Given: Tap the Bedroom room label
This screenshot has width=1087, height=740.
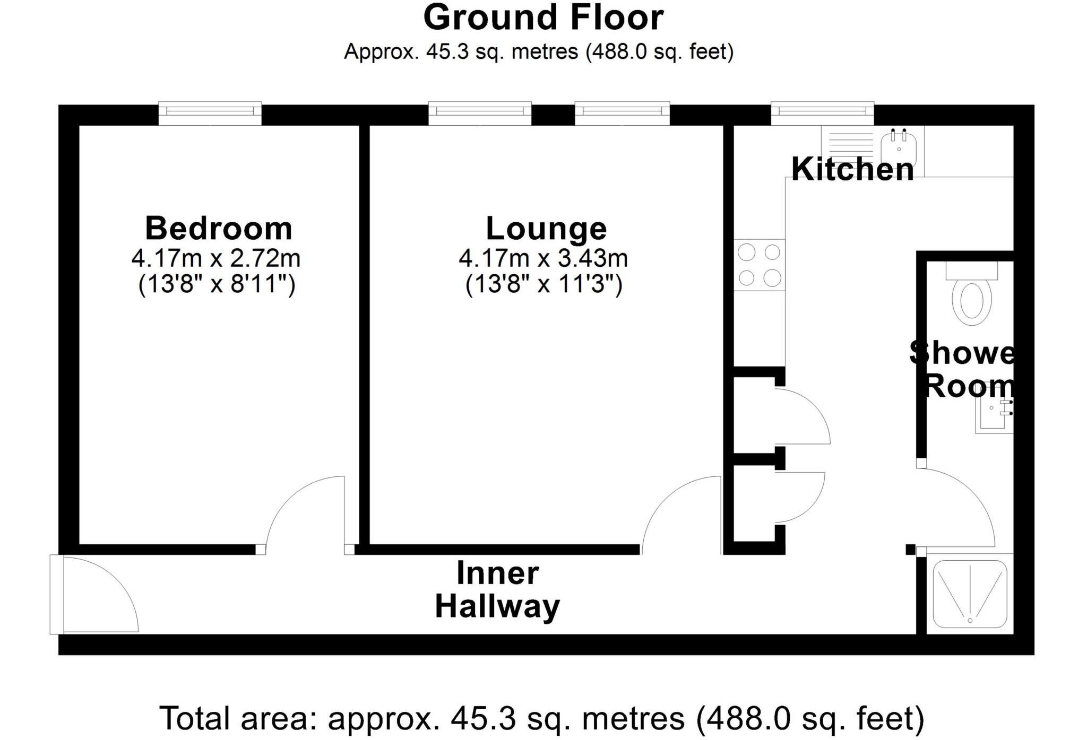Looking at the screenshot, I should click(219, 229).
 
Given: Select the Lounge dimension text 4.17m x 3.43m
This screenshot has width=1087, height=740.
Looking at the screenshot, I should click(543, 259).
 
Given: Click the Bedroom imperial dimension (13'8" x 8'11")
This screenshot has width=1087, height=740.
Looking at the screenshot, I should click(217, 285).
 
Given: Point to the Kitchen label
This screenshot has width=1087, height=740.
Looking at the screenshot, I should click(852, 170).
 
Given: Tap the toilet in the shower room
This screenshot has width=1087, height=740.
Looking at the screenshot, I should click(972, 300).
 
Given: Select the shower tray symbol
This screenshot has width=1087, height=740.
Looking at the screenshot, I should click(970, 594).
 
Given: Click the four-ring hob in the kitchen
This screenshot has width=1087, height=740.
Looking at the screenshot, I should click(760, 265).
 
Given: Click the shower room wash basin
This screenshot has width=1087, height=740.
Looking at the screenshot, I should click(993, 413).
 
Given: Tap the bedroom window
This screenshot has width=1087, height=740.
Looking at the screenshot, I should click(210, 113).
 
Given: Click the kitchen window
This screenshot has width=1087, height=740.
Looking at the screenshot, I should click(822, 112).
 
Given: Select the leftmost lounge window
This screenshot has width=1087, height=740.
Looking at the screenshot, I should click(480, 113).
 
